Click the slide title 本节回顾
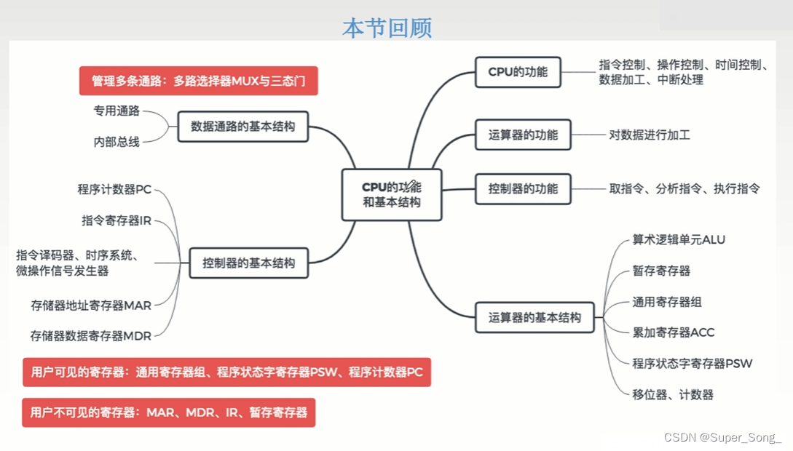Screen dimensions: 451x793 pos(387,28)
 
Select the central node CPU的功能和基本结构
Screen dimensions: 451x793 pos(392,195)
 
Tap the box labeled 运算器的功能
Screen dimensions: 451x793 pos(523,135)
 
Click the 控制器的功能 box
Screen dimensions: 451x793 pos(523,189)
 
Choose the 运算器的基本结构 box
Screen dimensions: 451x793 pos(534,318)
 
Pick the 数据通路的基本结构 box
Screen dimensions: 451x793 pos(243,127)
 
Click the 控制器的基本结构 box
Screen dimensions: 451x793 pos(249,263)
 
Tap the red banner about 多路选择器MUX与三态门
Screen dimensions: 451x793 pos(199,81)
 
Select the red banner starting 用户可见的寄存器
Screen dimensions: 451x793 pos(226,372)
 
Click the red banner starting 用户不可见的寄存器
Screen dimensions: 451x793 pos(169,412)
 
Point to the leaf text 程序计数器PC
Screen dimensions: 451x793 pos(114,190)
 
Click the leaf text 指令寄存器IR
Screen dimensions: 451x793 pos(117,220)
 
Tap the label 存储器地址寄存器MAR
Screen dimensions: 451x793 pos(91,306)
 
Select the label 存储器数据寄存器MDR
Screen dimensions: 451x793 pos(90,336)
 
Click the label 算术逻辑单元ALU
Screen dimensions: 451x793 pos(679,240)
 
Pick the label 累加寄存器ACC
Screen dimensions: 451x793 pos(674,332)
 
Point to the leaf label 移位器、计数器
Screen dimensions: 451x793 pos(673,395)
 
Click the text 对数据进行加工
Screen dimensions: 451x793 pos(650,135)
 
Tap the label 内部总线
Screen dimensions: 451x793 pos(117,143)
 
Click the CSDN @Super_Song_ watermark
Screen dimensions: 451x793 pos(722,437)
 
